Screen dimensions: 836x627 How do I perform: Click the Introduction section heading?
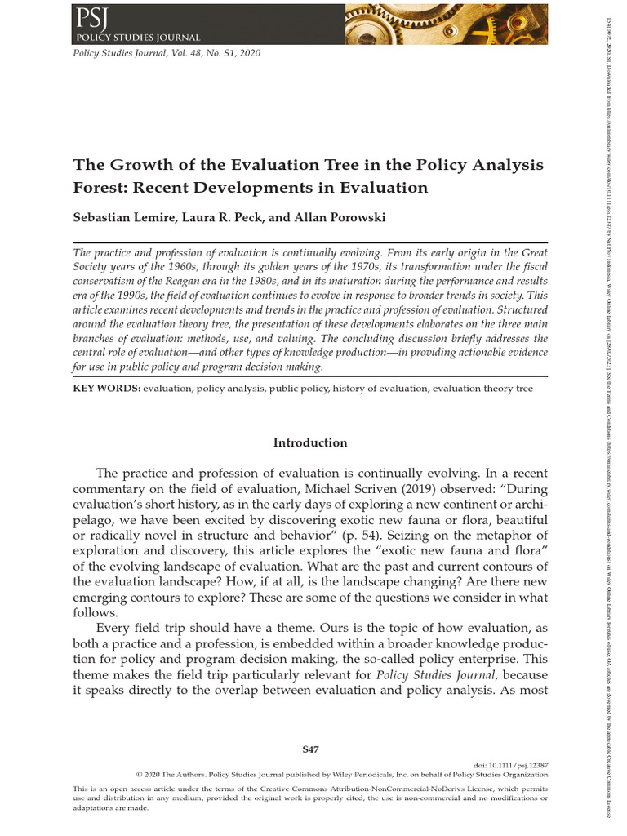click(x=310, y=442)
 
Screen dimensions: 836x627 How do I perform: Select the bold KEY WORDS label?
click(x=106, y=389)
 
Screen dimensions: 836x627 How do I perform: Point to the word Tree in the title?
click(x=321, y=164)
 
